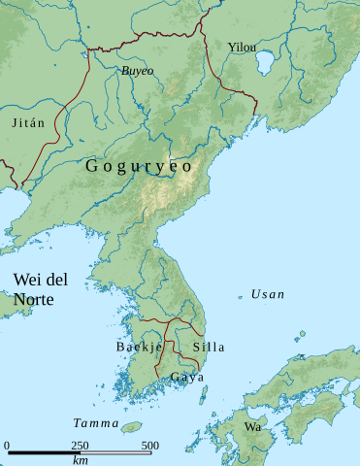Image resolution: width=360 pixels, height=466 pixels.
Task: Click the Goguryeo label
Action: [x=139, y=166]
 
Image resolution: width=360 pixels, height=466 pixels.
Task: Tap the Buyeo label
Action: [x=137, y=71]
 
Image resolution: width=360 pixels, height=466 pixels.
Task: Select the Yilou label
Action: [x=242, y=47]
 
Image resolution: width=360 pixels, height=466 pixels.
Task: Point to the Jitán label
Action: [x=27, y=123]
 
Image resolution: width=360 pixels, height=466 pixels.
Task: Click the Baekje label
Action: [x=139, y=347]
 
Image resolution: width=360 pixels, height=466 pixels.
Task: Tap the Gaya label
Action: [x=186, y=376]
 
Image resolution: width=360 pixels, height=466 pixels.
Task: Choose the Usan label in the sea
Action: [x=268, y=293]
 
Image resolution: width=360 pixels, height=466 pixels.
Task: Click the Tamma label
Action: [x=95, y=423]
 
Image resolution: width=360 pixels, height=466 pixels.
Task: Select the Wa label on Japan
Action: [x=252, y=427]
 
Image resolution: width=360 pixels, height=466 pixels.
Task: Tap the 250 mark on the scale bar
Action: [x=80, y=446]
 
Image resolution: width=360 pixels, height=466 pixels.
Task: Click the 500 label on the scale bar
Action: [x=150, y=446]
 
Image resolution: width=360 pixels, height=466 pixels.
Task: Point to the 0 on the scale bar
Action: [x=7, y=446]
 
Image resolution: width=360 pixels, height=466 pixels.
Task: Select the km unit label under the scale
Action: [x=80, y=460]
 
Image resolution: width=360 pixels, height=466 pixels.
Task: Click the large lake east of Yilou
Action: [x=264, y=65]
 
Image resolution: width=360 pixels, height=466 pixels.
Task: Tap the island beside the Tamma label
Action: [x=132, y=425]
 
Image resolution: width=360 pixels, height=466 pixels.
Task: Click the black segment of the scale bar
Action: [x=44, y=453]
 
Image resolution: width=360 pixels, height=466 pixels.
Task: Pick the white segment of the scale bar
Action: [x=115, y=453]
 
